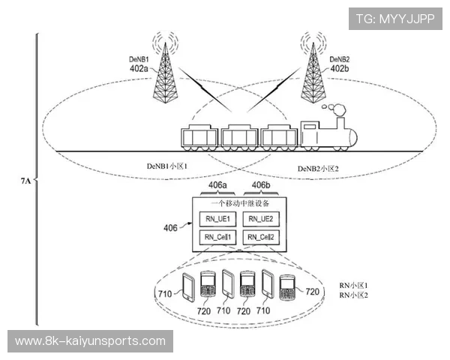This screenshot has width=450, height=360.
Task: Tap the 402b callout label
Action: (339, 68)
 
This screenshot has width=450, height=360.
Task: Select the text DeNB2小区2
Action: (318, 167)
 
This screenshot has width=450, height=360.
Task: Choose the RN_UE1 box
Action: (217, 219)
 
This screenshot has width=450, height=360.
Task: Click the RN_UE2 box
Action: (260, 219)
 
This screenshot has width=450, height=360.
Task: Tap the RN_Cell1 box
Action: (217, 238)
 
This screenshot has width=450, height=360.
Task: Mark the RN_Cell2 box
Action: (260, 238)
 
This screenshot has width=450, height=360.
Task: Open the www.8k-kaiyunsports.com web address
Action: (90, 341)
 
